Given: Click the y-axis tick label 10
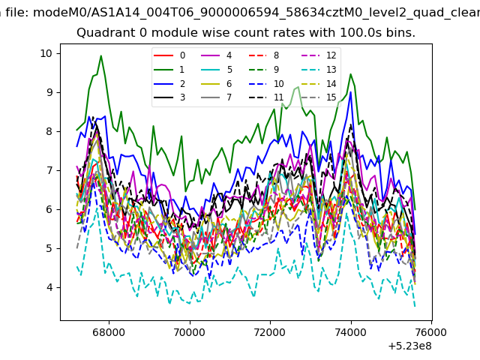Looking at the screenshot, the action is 46,53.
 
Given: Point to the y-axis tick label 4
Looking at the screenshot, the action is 49,287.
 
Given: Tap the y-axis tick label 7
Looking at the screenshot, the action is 49,170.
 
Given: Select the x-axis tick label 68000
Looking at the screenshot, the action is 109,332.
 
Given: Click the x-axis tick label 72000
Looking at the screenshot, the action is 270,332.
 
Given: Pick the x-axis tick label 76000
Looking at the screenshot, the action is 432,332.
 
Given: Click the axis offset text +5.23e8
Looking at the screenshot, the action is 409,346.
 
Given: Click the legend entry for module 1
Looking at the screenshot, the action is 169,70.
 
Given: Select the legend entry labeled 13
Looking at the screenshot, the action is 318,70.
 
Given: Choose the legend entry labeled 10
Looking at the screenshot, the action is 265,83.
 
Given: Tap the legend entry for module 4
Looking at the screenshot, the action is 216,55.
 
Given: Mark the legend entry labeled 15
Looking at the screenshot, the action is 318,97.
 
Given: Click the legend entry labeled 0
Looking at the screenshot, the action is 169,55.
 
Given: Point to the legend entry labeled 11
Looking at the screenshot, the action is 265,97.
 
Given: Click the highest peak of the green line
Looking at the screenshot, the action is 100,55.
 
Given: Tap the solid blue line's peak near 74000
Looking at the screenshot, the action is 350,92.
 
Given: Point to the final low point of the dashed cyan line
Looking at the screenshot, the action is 415,306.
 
